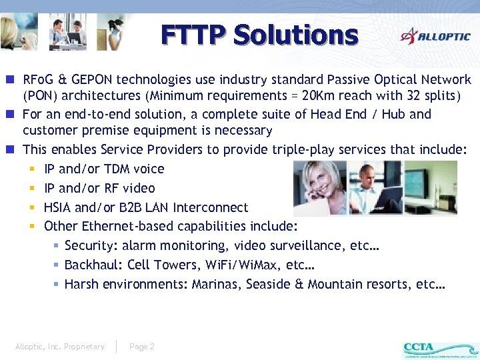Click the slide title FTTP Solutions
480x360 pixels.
pos(259,35)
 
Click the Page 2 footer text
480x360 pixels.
pos(142,347)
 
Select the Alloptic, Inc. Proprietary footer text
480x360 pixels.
pos(60,347)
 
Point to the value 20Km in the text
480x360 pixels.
pos(320,95)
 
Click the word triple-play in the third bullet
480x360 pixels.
pos(285,150)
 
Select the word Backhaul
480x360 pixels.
pos(93,265)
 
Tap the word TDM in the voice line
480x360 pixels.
pos(119,169)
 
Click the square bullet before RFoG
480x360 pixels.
pos(13,80)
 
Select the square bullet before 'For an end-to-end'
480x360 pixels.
pos(13,115)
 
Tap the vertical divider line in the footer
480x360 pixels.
pos(117,347)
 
